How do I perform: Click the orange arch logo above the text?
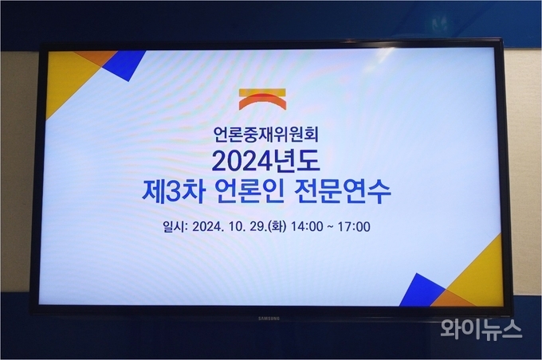coord(262,99)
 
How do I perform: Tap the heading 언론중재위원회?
coord(265,135)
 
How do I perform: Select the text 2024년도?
coord(265,161)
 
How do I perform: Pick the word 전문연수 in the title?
coord(342,192)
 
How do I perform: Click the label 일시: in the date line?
coord(175,227)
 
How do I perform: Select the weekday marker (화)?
coord(277,227)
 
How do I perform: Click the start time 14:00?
coord(307,227)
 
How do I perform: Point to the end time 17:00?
coord(354,227)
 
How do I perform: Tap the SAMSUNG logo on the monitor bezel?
coord(269,319)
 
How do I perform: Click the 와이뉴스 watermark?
coord(481,329)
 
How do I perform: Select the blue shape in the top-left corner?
coord(125,65)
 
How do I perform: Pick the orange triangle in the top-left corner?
coord(96,57)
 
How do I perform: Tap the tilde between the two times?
coord(331,227)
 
